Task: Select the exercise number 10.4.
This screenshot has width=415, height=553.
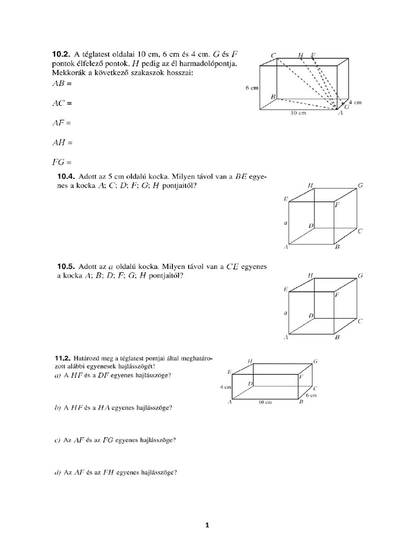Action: point(66,177)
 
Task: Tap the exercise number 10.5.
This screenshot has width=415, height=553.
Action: point(66,267)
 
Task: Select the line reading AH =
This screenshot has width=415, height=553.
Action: point(62,143)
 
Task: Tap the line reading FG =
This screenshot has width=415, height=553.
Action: point(62,162)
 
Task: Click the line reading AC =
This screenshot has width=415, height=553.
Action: point(62,103)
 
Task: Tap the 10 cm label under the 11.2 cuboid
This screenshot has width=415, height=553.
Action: point(264,402)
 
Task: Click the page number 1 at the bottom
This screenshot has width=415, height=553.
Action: point(207,525)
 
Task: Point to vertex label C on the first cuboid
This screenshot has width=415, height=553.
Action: point(274,55)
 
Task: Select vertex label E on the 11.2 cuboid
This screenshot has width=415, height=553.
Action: point(230,372)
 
